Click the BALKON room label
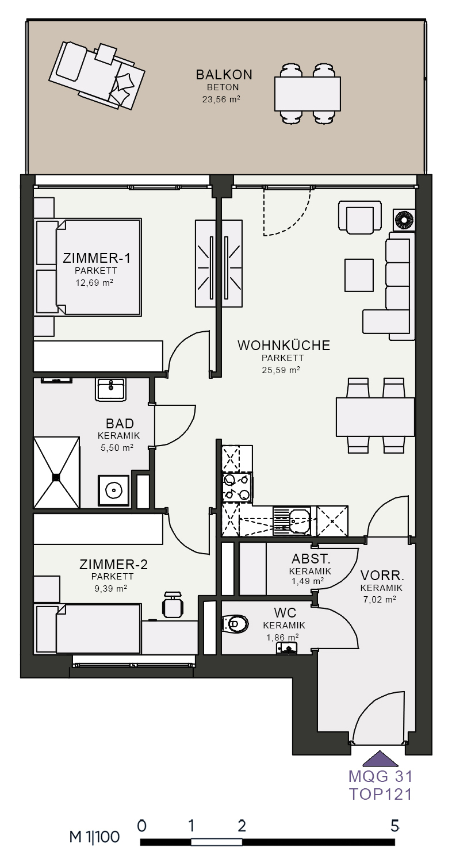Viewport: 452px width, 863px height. tap(224, 74)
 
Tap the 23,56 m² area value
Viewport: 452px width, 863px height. tap(221, 99)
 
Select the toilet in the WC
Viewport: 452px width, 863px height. tap(235, 623)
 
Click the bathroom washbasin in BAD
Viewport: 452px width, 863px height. tap(110, 389)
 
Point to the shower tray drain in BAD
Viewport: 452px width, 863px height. tap(57, 477)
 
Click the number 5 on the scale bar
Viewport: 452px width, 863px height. tap(394, 826)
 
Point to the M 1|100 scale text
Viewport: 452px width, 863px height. tap(94, 837)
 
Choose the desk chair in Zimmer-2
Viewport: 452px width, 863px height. tap(173, 604)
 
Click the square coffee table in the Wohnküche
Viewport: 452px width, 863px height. tap(359, 275)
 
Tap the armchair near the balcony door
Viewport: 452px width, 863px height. tap(360, 217)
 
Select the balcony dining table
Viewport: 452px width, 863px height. tap(308, 94)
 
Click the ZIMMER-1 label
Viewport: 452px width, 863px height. tap(97, 258)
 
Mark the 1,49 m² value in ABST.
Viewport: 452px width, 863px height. tap(308, 581)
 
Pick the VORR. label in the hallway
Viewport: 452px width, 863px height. tap(382, 576)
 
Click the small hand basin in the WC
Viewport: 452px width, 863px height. tap(287, 649)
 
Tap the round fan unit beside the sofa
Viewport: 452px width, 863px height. tap(404, 220)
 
